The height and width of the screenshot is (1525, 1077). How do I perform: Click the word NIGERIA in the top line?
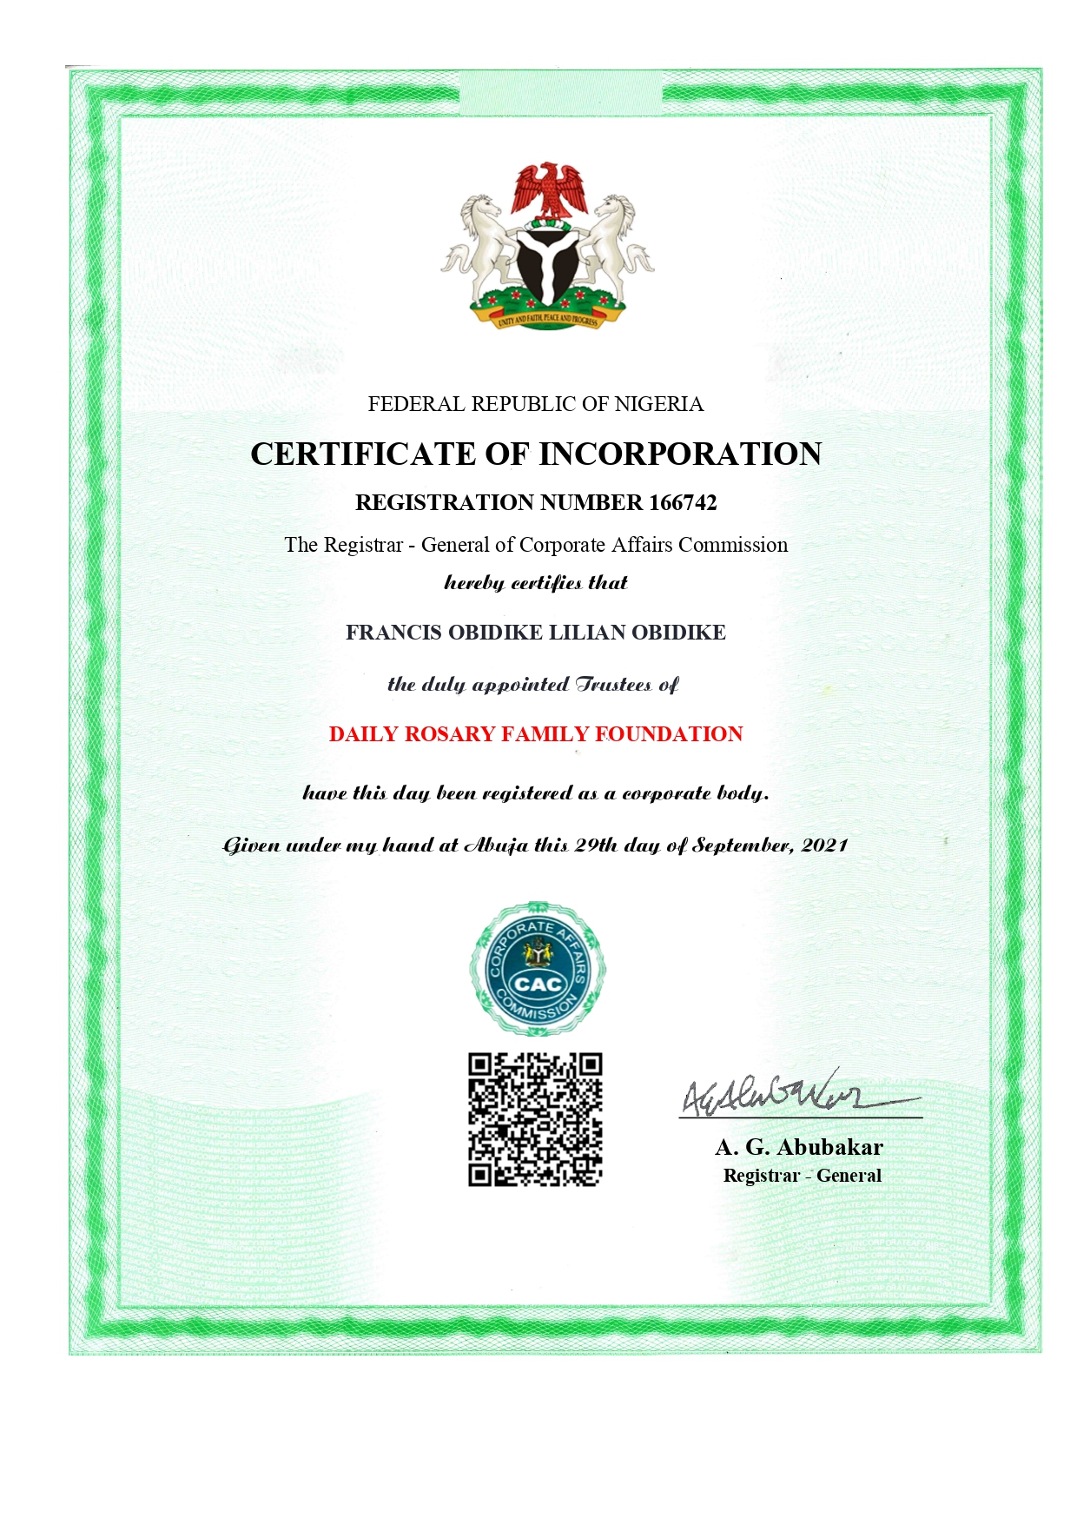tap(659, 404)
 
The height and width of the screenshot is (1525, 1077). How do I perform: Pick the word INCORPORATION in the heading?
tap(680, 454)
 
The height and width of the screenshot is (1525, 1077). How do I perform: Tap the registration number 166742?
tap(683, 502)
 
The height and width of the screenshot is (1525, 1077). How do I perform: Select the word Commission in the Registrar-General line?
tap(733, 545)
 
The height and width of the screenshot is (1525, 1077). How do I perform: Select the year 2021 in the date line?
tap(824, 845)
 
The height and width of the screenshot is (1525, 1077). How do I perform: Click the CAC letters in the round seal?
tap(538, 985)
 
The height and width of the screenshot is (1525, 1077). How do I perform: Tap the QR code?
tap(536, 1119)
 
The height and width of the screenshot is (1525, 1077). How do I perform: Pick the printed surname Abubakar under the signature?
tap(829, 1147)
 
